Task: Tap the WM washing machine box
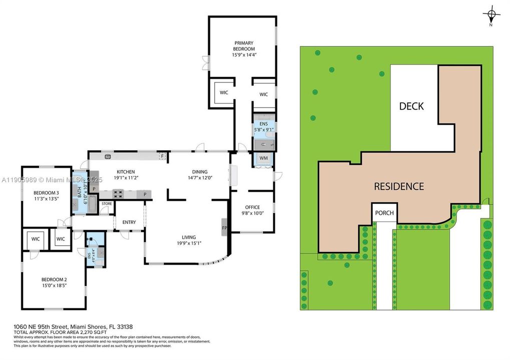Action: coord(263,158)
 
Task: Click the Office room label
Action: coord(252,207)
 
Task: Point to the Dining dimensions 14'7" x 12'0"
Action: coord(200,177)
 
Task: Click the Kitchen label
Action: coord(126,172)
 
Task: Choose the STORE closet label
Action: coord(107,204)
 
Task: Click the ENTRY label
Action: coord(129,222)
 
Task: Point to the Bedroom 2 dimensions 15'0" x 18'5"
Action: coord(54,285)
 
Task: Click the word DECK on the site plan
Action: coord(411,106)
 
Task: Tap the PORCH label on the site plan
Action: coord(384,213)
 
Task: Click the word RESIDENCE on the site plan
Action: coord(399,186)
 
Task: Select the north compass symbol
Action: coord(491,16)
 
